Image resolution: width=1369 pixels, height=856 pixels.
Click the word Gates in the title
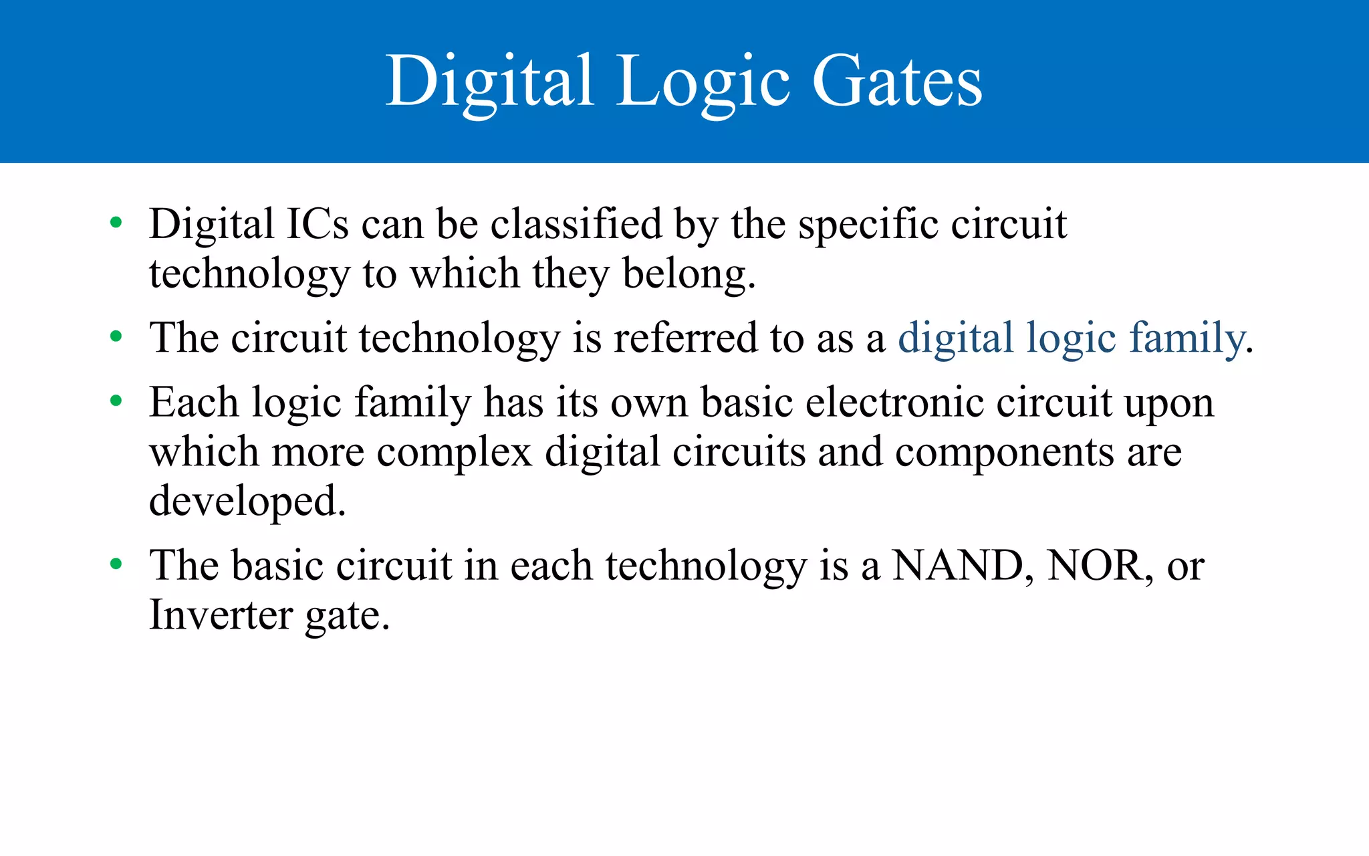[x=897, y=82]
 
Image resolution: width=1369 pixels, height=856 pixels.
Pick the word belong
[x=689, y=274]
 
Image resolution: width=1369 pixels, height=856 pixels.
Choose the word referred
[x=686, y=338]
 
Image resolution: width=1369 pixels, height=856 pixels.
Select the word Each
[x=194, y=403]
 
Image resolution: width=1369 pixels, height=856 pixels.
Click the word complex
[x=454, y=453]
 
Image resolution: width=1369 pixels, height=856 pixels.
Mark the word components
[x=1005, y=453]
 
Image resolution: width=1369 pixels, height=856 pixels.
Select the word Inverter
[x=221, y=615]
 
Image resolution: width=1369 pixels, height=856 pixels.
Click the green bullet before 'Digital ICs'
[x=116, y=223]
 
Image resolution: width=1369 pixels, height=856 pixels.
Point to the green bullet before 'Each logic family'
[x=116, y=402]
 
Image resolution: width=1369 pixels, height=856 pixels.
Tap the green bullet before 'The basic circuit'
[x=116, y=565]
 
